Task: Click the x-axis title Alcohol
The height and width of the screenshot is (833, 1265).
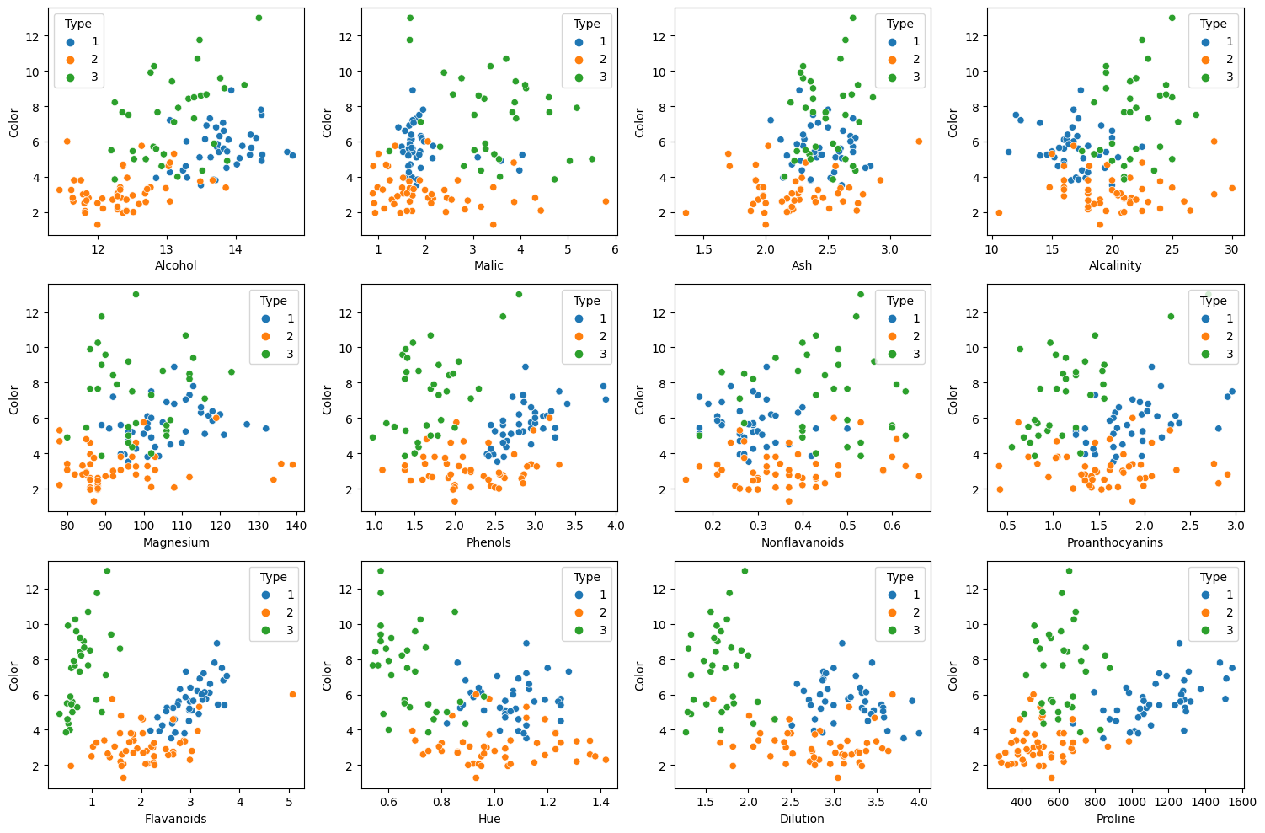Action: pos(176,265)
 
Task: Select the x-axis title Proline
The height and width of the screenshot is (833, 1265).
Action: pos(1115,819)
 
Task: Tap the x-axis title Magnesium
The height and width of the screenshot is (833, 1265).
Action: pos(176,542)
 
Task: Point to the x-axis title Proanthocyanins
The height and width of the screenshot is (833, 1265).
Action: pos(1115,542)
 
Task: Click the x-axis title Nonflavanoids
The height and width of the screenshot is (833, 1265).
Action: pos(802,542)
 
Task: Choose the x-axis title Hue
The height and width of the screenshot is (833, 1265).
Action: pos(488,819)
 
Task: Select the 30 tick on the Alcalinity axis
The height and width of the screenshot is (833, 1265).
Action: pos(1231,248)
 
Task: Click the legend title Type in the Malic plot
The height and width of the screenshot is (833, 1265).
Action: pos(587,24)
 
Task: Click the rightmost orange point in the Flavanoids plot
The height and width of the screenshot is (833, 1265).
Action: pos(292,694)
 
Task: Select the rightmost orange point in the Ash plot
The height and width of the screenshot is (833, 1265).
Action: pos(919,142)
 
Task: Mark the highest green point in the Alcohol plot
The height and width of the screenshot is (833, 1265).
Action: pos(259,18)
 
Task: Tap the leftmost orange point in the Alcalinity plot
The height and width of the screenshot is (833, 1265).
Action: pos(999,212)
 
